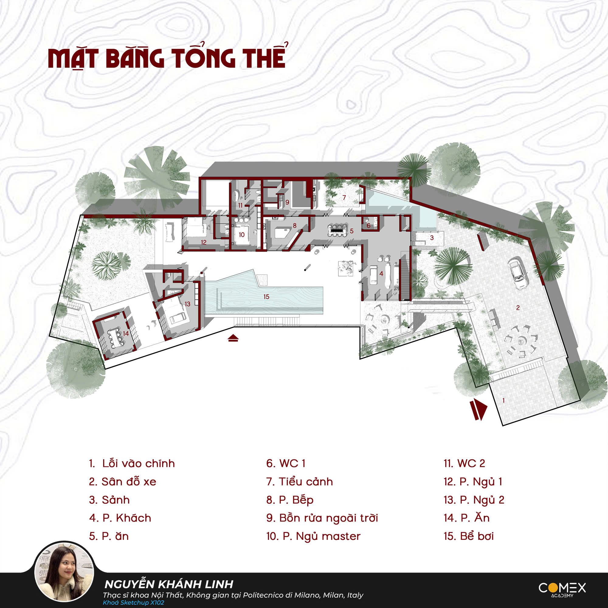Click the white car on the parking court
[x=518, y=273]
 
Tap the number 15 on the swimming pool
[x=266, y=296]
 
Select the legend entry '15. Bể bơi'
[x=468, y=536]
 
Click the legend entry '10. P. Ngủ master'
[x=313, y=536]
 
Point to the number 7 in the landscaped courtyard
[x=344, y=198]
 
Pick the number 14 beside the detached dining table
[x=126, y=333]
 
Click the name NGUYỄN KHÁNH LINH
[x=169, y=584]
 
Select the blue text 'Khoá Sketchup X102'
[x=133, y=603]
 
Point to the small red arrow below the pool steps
[x=233, y=338]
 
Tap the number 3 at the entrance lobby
[x=432, y=238]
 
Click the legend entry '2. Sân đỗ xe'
[x=123, y=482]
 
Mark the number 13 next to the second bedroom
[x=187, y=304]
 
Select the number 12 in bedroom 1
[x=204, y=242]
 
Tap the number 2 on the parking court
[x=518, y=308]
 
